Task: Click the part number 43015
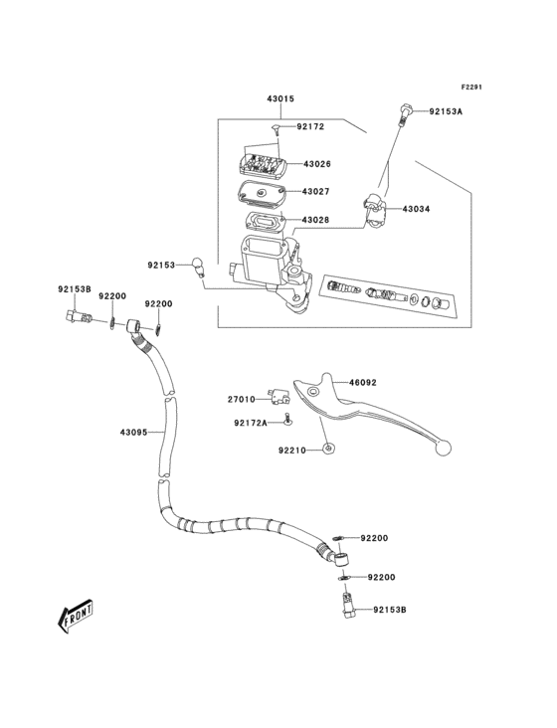click(x=279, y=99)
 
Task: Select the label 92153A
click(x=446, y=111)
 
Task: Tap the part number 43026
click(x=317, y=164)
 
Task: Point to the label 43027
click(x=317, y=192)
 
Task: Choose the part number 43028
click(x=317, y=219)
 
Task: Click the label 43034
click(x=417, y=209)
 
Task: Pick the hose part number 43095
click(x=133, y=432)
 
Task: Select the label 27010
click(x=242, y=399)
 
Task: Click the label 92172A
click(x=251, y=423)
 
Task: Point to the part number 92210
click(x=291, y=451)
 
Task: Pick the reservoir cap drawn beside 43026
click(x=261, y=164)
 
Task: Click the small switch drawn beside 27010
click(x=276, y=400)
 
